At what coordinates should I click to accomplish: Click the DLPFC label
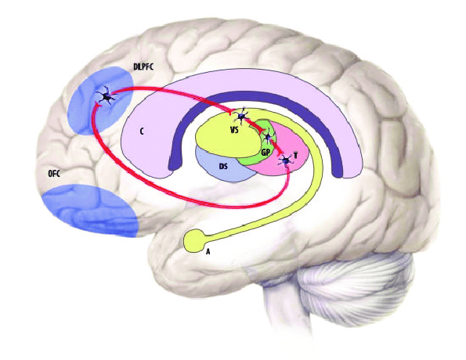pos(143,67)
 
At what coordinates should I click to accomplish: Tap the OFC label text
pos(54,174)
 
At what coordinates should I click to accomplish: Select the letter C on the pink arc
pos(142,131)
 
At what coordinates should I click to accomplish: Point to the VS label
pos(234,130)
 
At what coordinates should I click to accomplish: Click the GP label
pos(266,153)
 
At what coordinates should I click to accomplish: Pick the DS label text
pos(223,167)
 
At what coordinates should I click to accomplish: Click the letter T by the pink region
pos(295,155)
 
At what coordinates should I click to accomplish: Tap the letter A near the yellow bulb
pos(208,252)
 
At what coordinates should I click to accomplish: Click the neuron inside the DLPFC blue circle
pos(107,96)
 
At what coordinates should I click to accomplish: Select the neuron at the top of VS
pos(241,116)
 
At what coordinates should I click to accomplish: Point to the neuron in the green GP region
pos(268,137)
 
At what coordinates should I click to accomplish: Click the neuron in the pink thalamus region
pos(286,160)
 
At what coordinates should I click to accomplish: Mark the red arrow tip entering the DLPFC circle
pos(97,103)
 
